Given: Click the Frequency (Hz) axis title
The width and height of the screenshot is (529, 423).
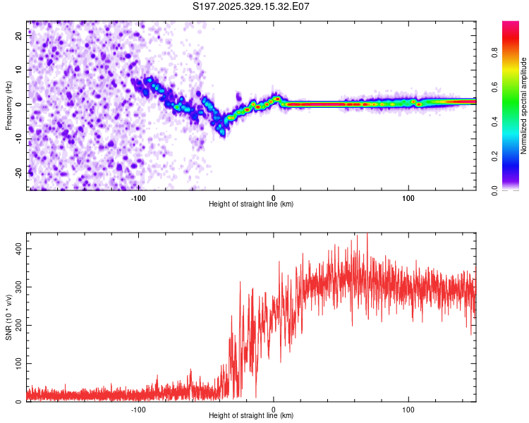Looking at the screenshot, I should pos(8,105).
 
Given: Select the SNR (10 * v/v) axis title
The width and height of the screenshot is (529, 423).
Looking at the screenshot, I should pos(8,317).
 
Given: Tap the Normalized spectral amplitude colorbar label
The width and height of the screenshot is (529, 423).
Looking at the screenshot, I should pos(524,105).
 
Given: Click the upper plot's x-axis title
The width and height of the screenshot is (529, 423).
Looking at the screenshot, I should pos(251,204).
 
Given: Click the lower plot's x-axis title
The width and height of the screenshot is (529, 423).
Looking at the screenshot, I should pos(251,415).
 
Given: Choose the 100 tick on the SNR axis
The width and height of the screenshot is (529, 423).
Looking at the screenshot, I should pos(16,364).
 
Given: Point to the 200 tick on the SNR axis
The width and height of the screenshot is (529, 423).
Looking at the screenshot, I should pos(16,325).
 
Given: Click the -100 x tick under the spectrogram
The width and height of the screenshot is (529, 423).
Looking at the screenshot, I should pos(138,197).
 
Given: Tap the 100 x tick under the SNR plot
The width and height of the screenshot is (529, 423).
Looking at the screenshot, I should pos(408,409).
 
